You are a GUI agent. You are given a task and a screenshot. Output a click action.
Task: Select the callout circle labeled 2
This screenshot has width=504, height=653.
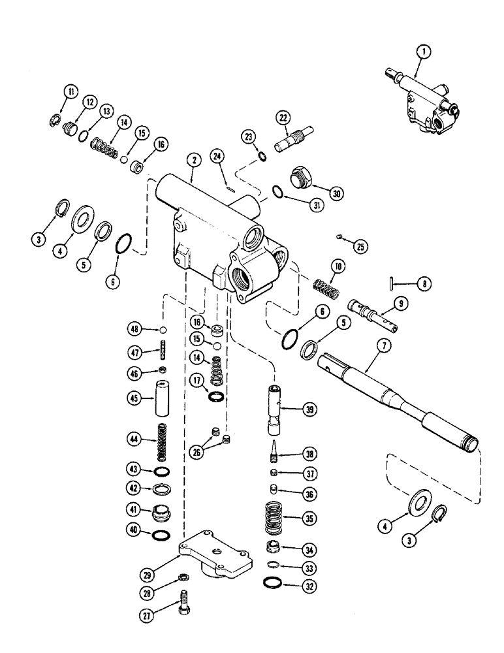191,159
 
